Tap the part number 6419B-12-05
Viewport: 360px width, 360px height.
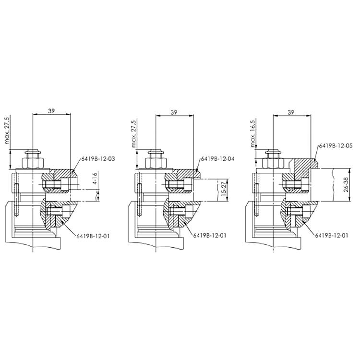tap(336, 145)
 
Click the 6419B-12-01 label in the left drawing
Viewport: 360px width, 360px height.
tap(92, 235)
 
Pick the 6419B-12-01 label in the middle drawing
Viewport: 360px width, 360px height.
tap(209, 235)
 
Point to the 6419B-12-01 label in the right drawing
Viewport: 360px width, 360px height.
tap(331, 235)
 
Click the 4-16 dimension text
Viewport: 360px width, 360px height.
tap(95, 180)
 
